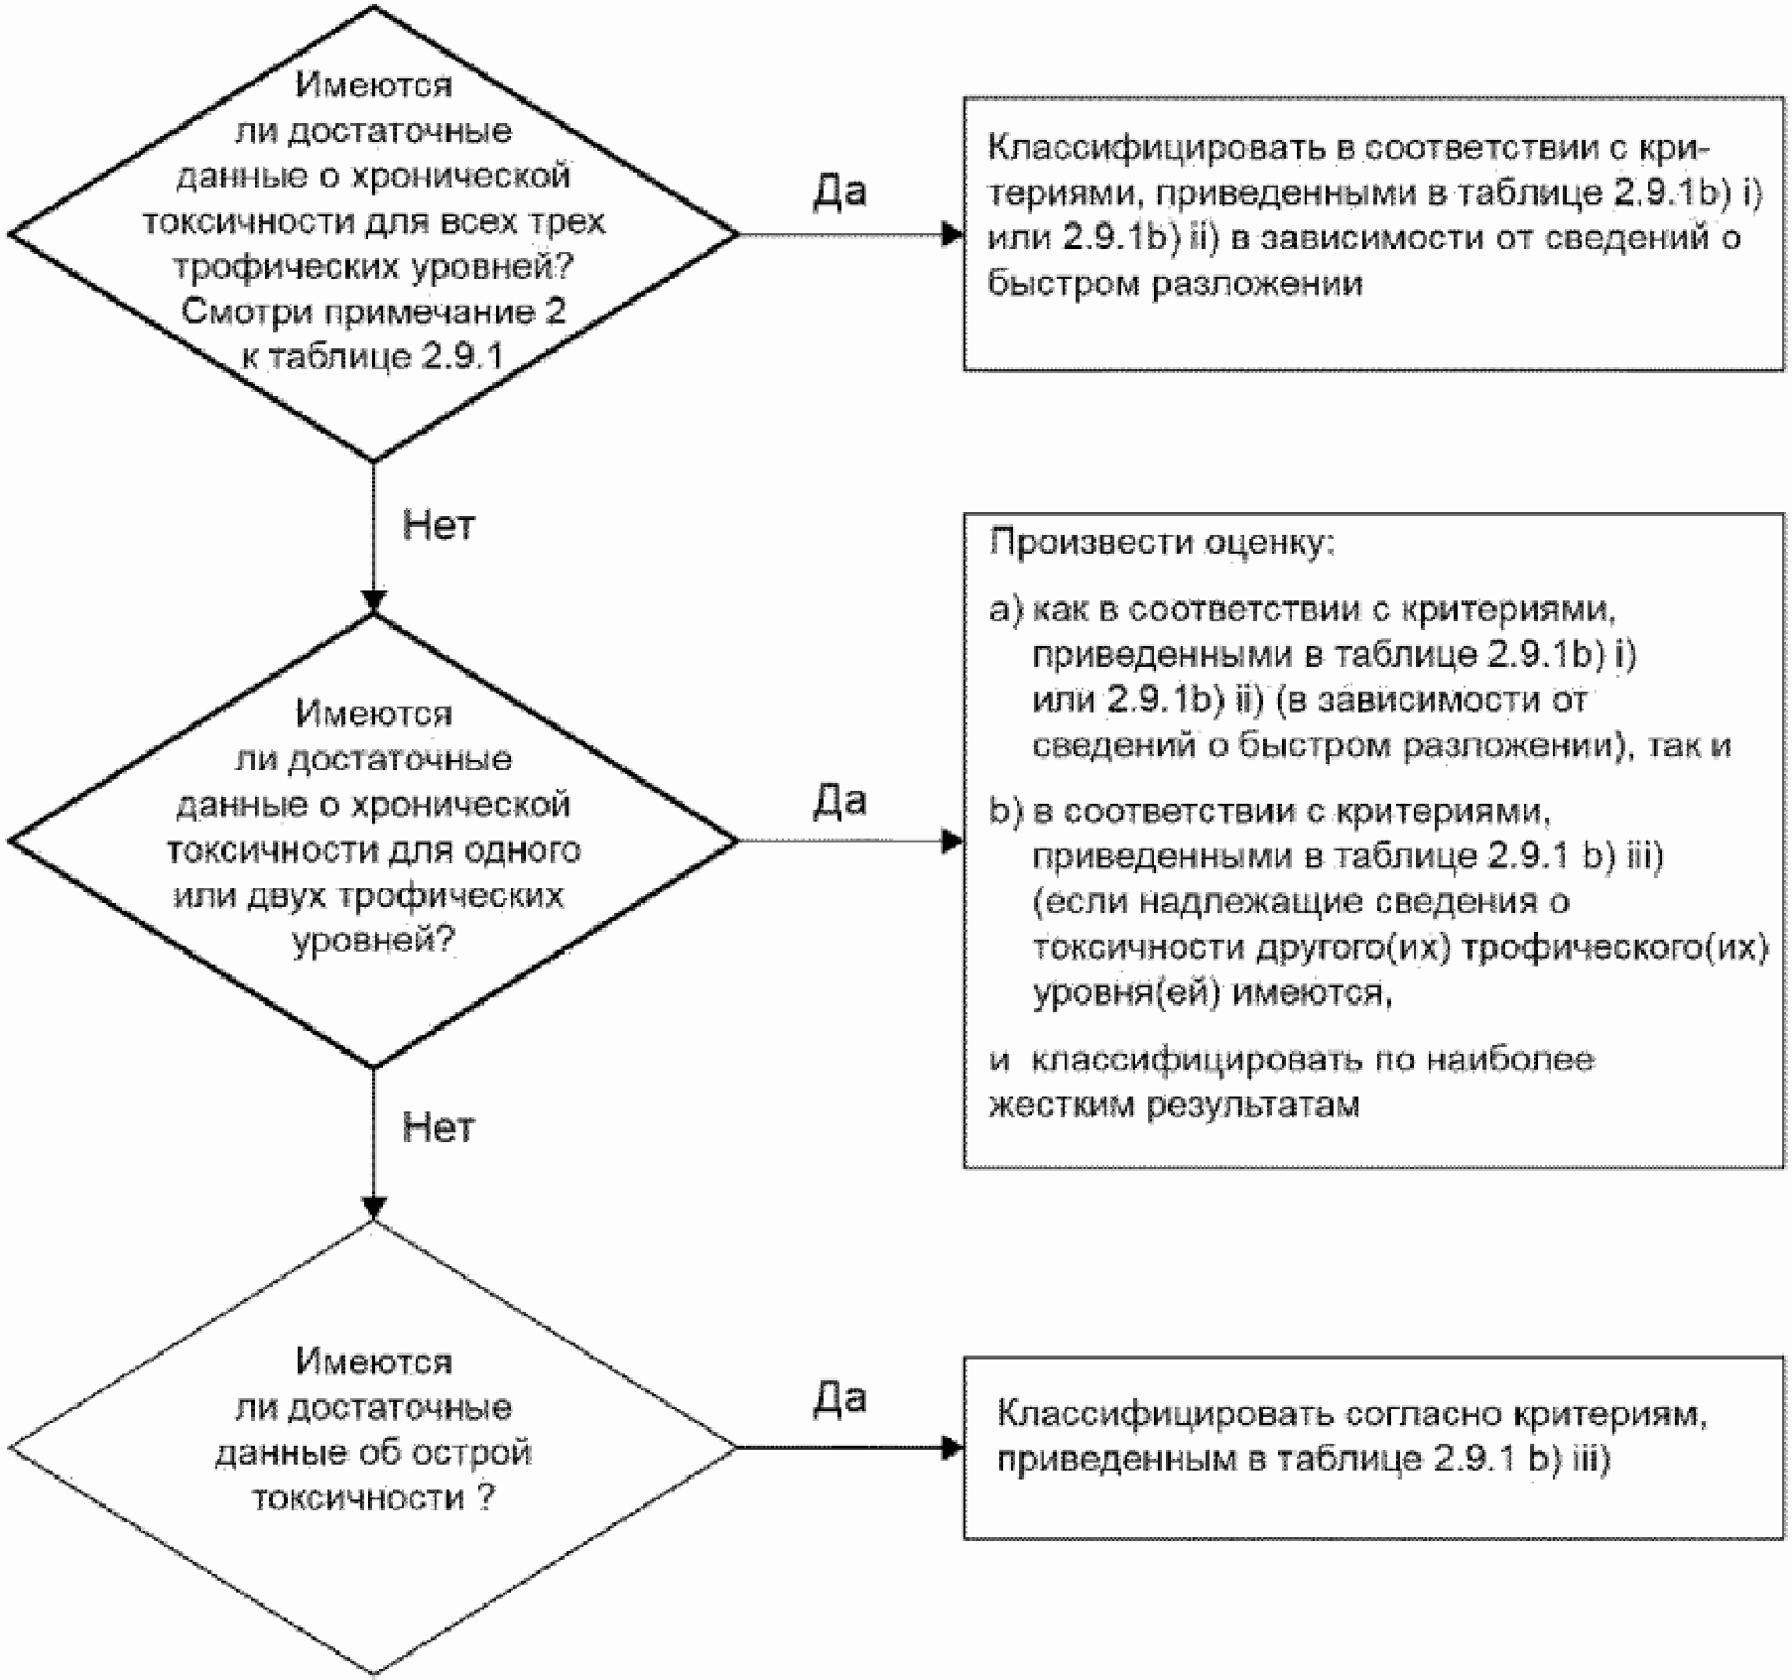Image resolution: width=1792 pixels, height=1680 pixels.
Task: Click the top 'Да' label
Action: click(x=839, y=191)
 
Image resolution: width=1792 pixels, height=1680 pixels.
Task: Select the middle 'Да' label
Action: click(x=839, y=800)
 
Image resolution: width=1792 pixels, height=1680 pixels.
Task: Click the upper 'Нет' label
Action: click(x=439, y=525)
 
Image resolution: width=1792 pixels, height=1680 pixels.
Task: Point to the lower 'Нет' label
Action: click(x=439, y=1127)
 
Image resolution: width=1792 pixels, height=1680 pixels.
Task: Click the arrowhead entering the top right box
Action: click(x=953, y=234)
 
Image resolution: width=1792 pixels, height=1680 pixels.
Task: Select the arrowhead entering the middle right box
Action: click(x=953, y=841)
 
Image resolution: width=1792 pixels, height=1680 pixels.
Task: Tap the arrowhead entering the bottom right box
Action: click(x=953, y=1448)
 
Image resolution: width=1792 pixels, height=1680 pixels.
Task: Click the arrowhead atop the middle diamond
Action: click(x=373, y=603)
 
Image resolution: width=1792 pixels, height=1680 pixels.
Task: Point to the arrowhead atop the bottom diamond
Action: click(x=373, y=1209)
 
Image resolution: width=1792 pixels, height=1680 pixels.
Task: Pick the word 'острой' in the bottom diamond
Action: click(x=480, y=1454)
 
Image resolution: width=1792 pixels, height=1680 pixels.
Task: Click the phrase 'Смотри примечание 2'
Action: click(x=373, y=313)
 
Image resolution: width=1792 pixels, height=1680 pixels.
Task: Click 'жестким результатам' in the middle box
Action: click(x=1174, y=1105)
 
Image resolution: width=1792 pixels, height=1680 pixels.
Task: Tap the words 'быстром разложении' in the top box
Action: click(x=1175, y=285)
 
